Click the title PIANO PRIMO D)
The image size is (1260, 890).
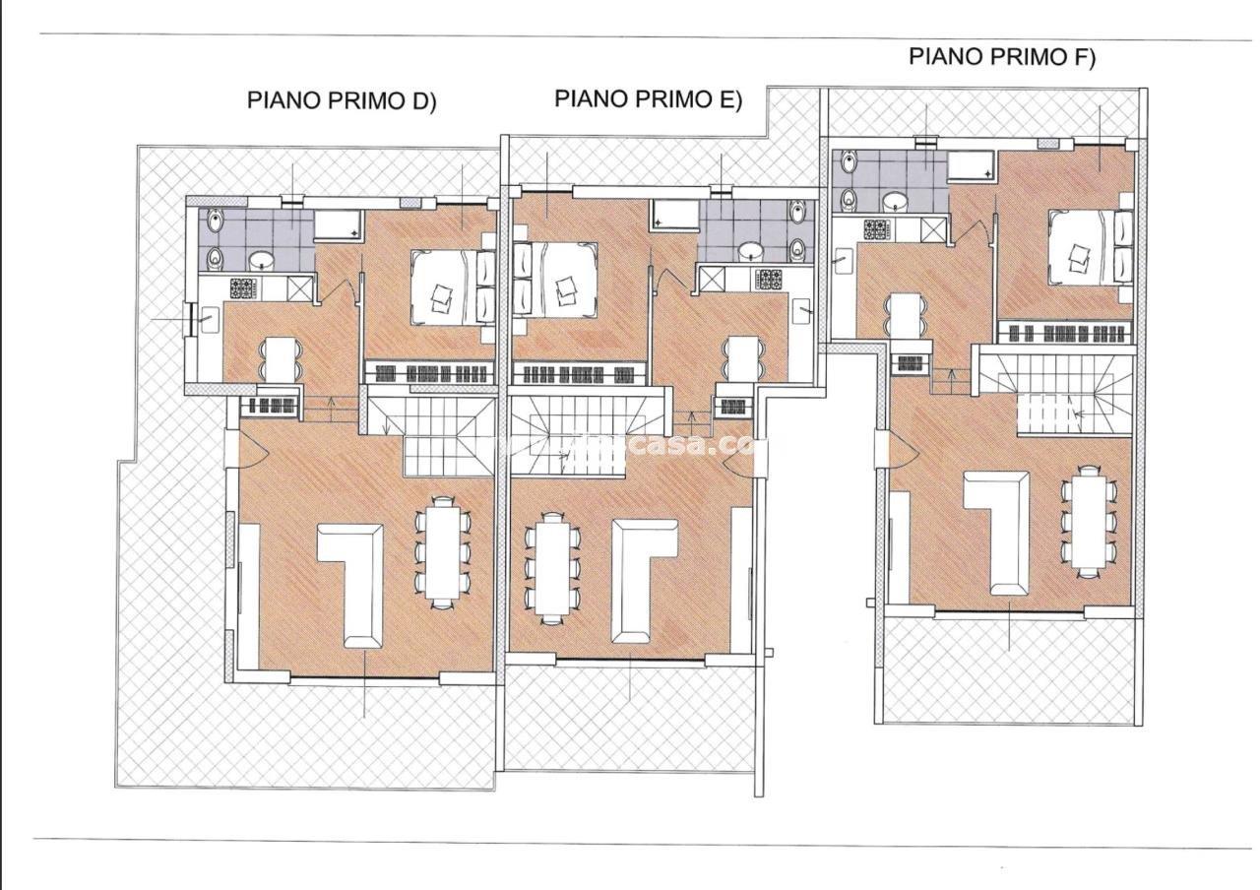point(341,100)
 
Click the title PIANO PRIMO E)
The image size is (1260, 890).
point(648,98)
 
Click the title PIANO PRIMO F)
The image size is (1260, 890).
point(1001,56)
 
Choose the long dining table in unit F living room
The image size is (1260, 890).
point(1087,522)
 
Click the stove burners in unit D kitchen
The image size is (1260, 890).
point(242,288)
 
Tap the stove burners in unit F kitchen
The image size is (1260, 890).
point(875,229)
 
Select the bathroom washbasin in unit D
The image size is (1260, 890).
point(263,261)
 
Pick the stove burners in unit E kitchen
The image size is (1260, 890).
point(768,280)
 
